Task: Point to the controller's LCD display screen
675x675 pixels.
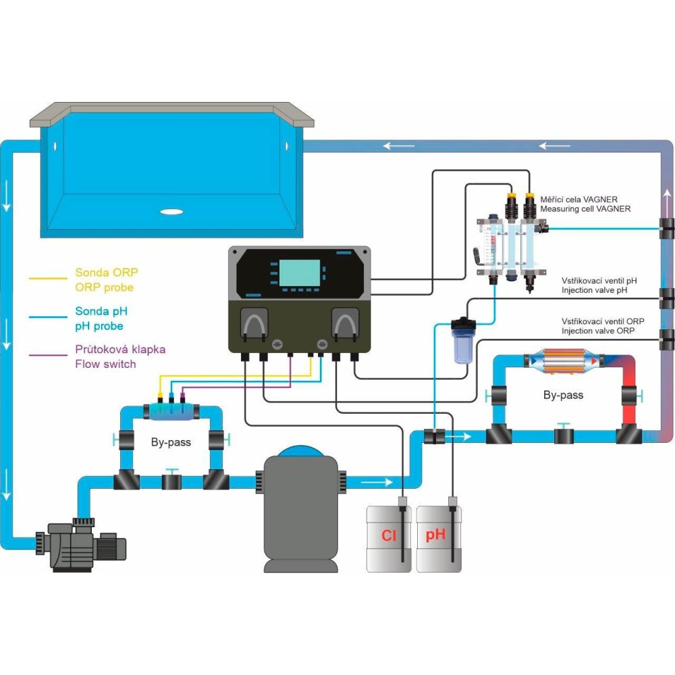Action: click(x=301, y=273)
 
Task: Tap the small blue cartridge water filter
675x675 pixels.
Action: click(x=462, y=341)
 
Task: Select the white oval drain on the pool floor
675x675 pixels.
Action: click(x=172, y=211)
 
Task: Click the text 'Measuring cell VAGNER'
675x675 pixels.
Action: click(x=586, y=209)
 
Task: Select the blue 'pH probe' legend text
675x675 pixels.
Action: click(x=98, y=327)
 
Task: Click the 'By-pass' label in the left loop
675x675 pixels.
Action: click(x=171, y=443)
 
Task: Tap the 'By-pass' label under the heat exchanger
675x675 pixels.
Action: click(x=563, y=395)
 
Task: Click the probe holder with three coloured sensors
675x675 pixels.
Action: click(x=171, y=408)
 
